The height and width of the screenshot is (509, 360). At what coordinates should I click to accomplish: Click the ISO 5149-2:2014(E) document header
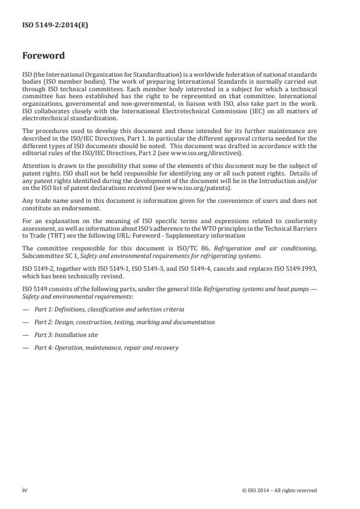coord(48,26)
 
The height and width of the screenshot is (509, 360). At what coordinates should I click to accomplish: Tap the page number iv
coord(24,490)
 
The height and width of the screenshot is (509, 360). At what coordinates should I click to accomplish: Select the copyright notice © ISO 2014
coord(279,490)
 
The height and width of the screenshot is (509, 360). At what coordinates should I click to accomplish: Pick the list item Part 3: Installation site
coord(65,335)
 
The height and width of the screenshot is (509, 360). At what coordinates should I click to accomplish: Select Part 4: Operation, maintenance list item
coord(106,347)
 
